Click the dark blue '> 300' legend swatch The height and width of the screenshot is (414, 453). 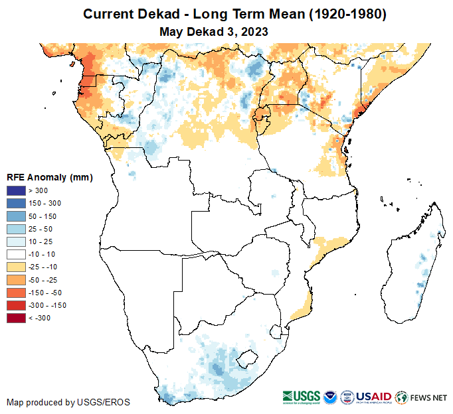tap(16, 191)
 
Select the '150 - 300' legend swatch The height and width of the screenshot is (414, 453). tap(16, 204)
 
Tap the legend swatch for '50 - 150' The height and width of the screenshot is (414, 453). tap(16, 216)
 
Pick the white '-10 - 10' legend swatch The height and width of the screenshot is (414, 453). tap(16, 254)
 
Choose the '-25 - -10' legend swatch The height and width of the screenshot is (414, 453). tap(16, 267)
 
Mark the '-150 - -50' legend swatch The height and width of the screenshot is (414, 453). tap(16, 293)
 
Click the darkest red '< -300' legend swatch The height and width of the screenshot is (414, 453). tap(16, 318)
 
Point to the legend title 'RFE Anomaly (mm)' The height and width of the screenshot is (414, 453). tap(49, 177)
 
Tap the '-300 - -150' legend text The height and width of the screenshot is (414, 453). tap(48, 305)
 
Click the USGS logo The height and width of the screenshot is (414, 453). tap(300, 397)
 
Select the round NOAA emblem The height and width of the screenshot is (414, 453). tap(330, 397)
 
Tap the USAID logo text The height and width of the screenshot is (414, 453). tap(373, 397)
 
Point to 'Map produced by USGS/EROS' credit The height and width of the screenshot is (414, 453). tap(68, 402)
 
